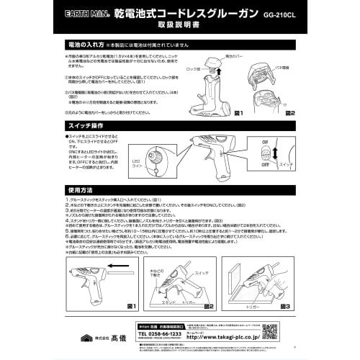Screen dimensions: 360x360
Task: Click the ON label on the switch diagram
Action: click(284, 141)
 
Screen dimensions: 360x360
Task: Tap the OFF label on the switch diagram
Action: click(284, 164)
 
